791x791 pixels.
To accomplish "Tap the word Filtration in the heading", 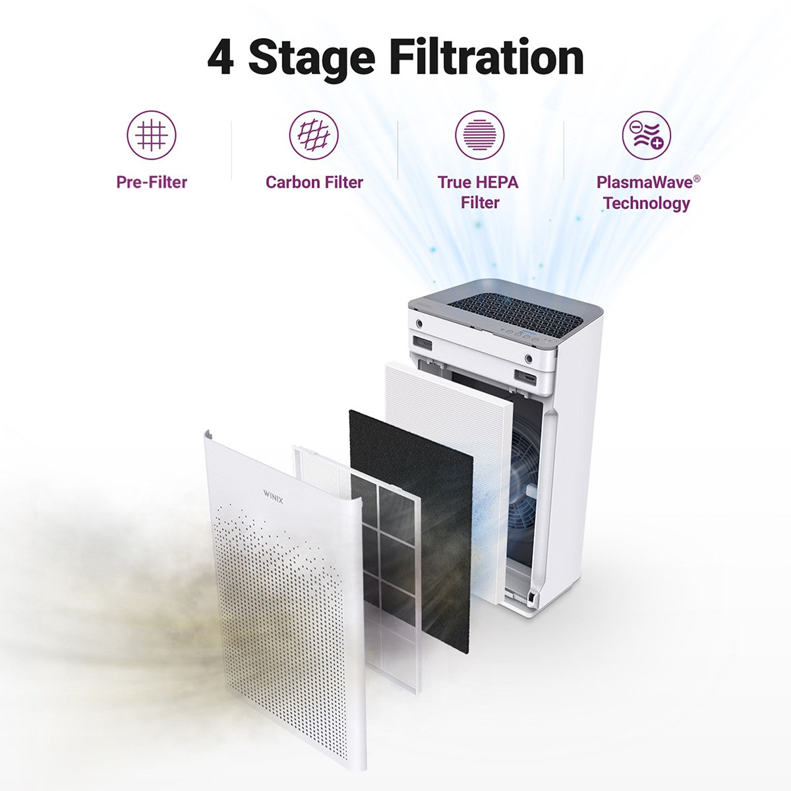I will point(486,58).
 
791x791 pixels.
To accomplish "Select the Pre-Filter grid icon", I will point(152,135).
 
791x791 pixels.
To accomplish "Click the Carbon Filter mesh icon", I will point(314,135).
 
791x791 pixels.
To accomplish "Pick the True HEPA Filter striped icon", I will point(479,135).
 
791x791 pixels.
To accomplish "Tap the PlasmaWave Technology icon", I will point(646,135).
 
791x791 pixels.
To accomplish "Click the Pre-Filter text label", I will point(152,182).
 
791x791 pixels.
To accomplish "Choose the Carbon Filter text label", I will point(314,182).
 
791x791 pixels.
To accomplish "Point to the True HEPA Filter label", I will point(479,192).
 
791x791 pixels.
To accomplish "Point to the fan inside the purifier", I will point(527,475).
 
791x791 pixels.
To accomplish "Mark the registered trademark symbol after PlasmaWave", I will point(688,177).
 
